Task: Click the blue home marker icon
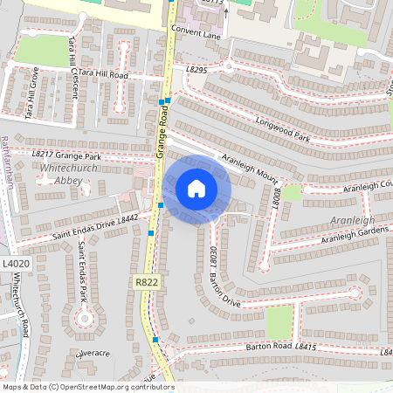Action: coord(196,188)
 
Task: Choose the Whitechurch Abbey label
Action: coord(63,173)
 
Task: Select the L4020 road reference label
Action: coord(15,264)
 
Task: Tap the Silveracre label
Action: coord(93,354)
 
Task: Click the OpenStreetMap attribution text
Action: coord(87,387)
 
